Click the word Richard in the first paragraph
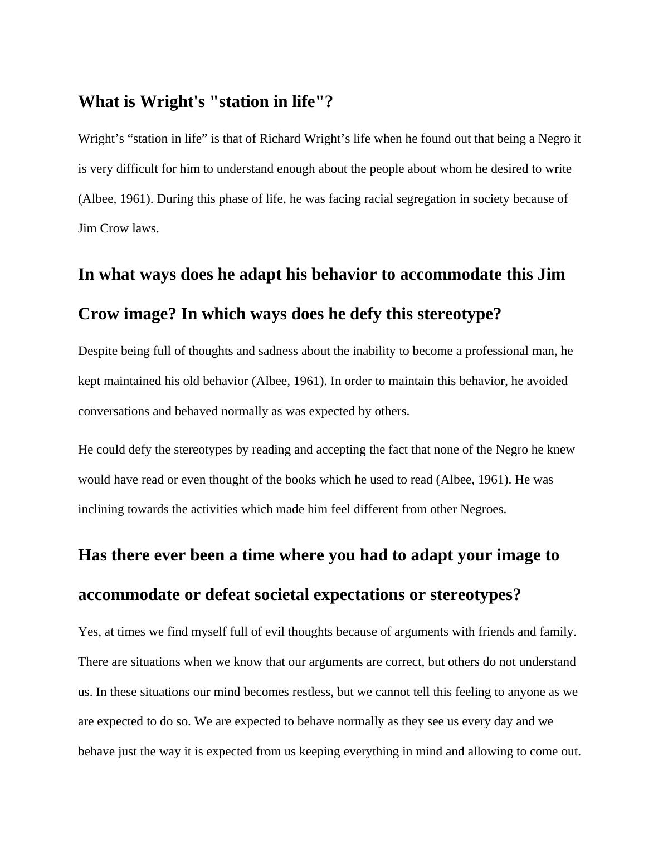pos(280,139)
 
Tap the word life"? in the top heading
pos(312,102)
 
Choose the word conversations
pos(114,411)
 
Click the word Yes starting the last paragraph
pos(88,632)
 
